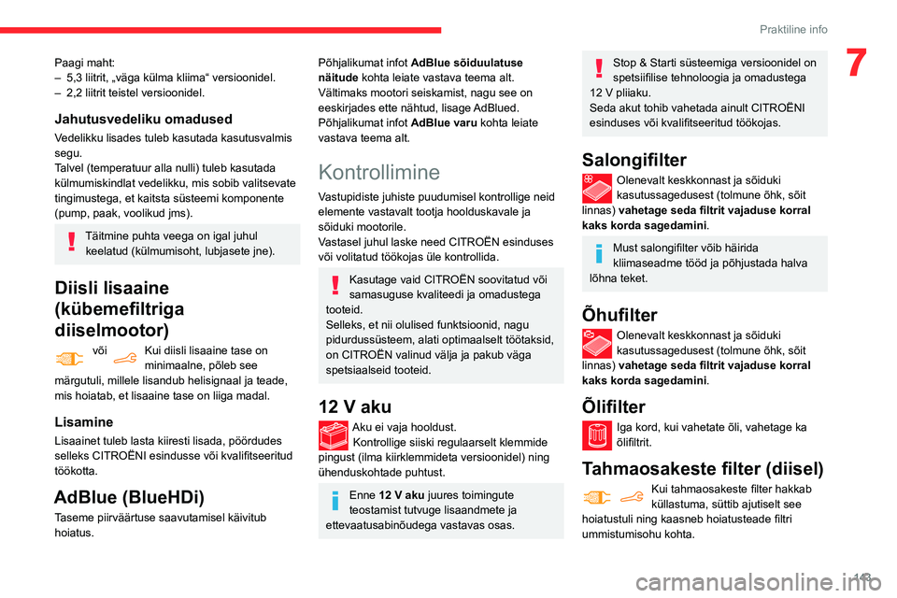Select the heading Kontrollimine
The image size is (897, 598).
point(378,172)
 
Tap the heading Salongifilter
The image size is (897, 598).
point(634,160)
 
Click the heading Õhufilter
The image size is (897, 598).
point(619,315)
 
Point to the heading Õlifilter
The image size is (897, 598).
point(613,406)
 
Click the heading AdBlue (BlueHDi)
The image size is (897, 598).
point(129,496)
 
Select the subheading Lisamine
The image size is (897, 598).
point(84,421)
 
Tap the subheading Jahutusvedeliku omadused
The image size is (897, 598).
point(143,119)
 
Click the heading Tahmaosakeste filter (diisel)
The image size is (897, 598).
point(703,468)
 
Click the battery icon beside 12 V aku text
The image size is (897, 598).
point(333,435)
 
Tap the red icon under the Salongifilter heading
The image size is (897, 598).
point(596,188)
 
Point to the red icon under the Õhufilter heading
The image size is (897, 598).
point(596,343)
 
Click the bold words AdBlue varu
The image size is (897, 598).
point(439,122)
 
